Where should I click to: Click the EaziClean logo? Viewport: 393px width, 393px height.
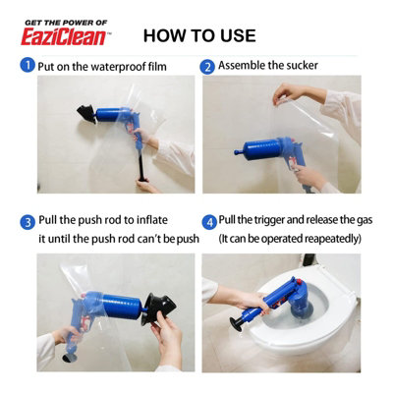pyautogui.click(x=64, y=37)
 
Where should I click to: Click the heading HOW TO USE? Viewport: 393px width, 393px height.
pyautogui.click(x=199, y=35)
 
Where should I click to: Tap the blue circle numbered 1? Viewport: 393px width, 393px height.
pyautogui.click(x=28, y=65)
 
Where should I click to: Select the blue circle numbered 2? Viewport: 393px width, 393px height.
pyautogui.click(x=207, y=67)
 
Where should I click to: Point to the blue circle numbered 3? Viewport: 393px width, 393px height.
pyautogui.click(x=28, y=222)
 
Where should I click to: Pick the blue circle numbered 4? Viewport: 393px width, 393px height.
pyautogui.click(x=209, y=222)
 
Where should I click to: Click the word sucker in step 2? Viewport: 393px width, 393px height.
pyautogui.click(x=302, y=66)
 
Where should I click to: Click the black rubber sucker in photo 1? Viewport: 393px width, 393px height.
pyautogui.click(x=87, y=114)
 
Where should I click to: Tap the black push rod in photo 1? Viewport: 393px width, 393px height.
pyautogui.click(x=141, y=164)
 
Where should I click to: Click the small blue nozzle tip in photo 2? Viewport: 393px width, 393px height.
pyautogui.click(x=238, y=152)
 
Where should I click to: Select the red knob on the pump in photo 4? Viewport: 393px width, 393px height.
pyautogui.click(x=299, y=282)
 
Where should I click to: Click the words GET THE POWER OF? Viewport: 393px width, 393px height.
pyautogui.click(x=66, y=23)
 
